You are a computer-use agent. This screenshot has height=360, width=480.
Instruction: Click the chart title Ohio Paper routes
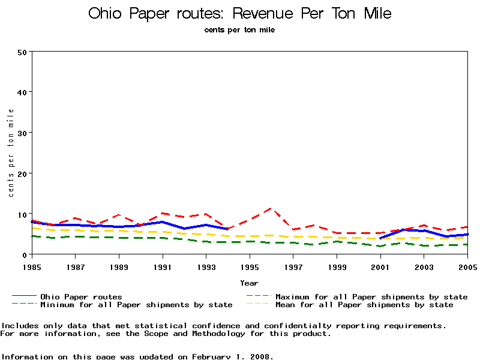coord(239,13)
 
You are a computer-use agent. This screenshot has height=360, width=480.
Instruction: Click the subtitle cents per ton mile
coord(239,29)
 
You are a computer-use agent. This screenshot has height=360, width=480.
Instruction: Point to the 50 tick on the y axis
coord(23,52)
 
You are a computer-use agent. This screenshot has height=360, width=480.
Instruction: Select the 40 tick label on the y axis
coord(23,92)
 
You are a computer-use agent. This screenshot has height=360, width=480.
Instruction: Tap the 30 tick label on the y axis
coord(23,133)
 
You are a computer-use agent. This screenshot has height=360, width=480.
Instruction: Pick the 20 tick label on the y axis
coord(23,173)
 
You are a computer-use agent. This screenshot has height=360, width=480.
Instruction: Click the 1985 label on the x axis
coord(31,266)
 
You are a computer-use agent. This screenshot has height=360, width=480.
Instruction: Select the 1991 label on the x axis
coord(162,266)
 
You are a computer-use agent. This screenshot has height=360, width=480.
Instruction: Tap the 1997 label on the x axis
coord(293,266)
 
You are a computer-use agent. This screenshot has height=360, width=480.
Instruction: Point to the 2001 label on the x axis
coord(380,266)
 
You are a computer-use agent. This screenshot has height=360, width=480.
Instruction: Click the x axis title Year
coord(249,283)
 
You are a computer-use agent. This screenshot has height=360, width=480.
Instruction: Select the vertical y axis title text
coord(11,153)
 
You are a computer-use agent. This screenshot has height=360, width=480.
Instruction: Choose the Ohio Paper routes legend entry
coord(81,296)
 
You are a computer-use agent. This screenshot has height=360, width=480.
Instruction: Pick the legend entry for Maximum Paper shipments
coord(371,296)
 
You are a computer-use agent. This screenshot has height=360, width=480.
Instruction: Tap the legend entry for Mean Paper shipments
coord(364,305)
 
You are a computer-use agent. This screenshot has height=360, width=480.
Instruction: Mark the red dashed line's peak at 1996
coord(271,208)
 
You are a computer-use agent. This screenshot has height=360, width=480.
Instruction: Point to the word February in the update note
coord(213,356)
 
